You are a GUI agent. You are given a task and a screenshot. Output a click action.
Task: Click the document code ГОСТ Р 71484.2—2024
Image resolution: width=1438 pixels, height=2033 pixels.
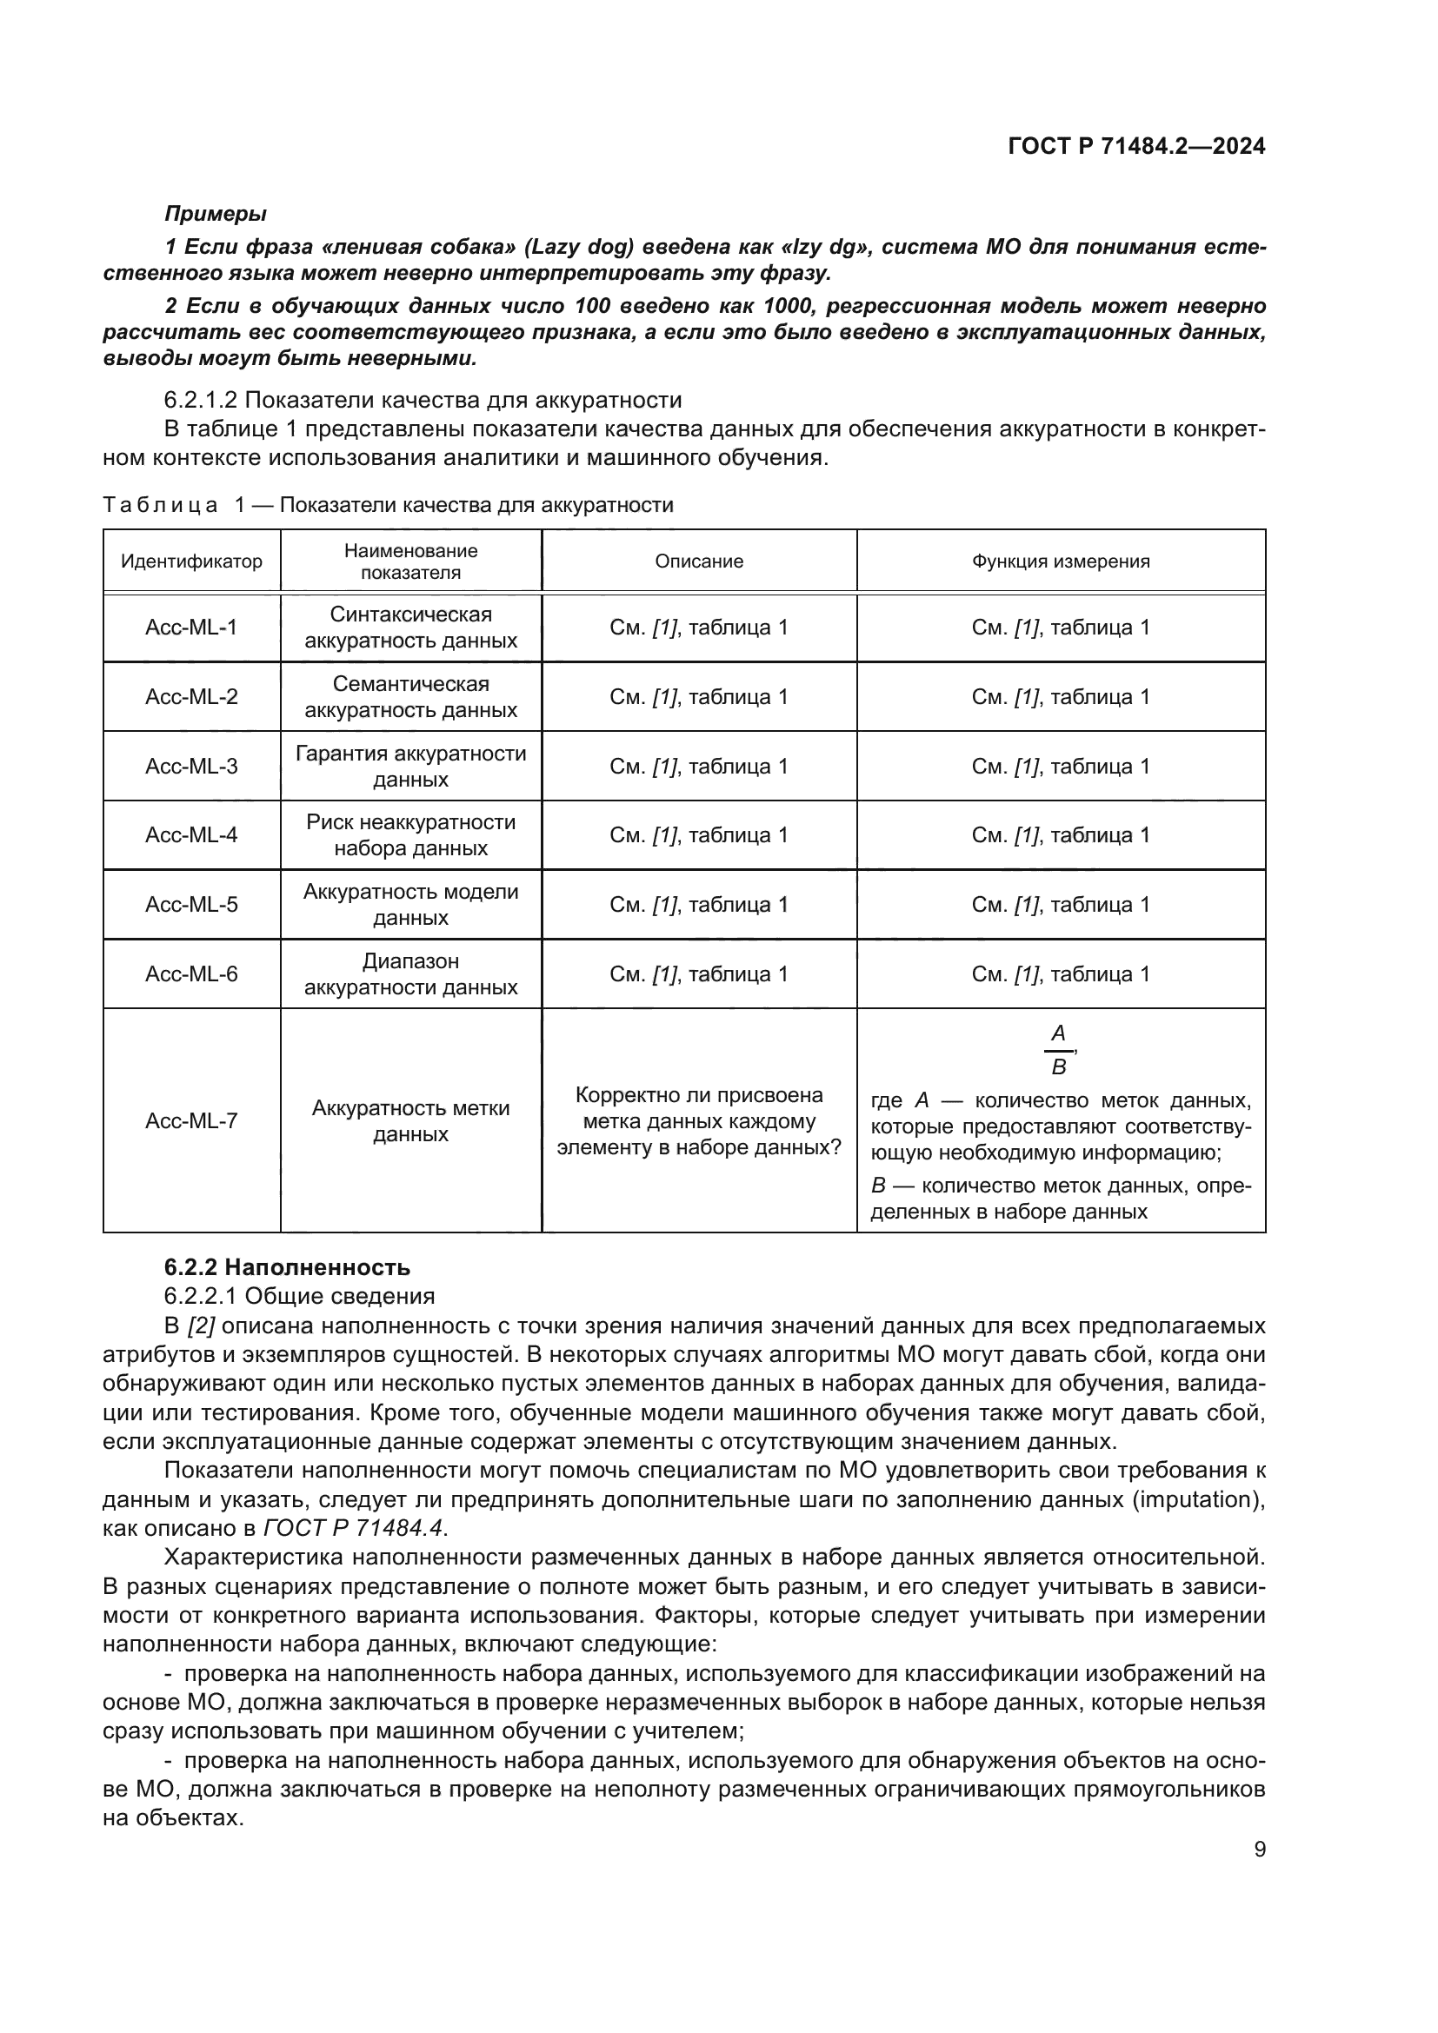1136,146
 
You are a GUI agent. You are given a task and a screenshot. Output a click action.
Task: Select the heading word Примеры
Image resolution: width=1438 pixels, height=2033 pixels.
215,214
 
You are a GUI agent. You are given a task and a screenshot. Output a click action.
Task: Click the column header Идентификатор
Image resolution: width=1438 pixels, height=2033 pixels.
191,561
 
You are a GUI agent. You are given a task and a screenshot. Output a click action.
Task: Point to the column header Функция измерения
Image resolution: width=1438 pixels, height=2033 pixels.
1060,561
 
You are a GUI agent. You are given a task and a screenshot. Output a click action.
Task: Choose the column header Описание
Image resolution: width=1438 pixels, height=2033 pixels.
699,561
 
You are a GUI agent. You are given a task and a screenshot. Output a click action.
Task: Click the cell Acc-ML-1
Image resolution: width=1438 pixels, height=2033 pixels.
191,628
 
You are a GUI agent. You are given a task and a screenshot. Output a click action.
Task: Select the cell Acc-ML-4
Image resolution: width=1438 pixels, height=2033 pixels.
191,835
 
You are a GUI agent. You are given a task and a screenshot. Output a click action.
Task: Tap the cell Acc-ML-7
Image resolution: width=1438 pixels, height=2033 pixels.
191,1121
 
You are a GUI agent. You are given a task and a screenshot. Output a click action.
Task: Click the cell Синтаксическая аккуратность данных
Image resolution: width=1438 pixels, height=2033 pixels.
411,628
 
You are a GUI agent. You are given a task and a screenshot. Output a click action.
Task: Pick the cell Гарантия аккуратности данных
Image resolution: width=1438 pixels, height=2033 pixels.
411,766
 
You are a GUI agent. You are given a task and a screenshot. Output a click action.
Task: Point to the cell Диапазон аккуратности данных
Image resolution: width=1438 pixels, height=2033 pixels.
411,974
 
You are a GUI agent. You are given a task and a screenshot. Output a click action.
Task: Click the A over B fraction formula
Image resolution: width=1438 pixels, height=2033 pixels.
1058,1050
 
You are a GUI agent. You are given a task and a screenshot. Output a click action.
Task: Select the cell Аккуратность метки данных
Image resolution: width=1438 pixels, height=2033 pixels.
411,1121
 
